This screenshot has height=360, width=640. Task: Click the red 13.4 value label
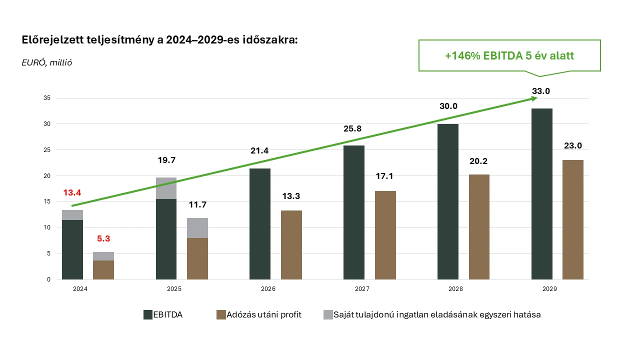[72, 193]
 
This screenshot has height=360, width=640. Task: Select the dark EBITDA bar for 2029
[541, 195]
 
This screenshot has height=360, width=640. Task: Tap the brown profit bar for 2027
[385, 235]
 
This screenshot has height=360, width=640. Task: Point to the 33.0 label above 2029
[540, 91]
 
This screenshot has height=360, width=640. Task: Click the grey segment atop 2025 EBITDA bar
[166, 188]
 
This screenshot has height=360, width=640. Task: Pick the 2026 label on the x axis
[268, 289]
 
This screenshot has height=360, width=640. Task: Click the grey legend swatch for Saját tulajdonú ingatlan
[328, 314]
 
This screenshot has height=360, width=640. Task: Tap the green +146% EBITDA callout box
[509, 55]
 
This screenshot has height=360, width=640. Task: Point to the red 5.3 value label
[103, 239]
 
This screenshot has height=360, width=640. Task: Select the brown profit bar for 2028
[479, 227]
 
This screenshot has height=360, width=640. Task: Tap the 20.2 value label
[479, 161]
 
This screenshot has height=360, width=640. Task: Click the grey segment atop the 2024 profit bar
[103, 256]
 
